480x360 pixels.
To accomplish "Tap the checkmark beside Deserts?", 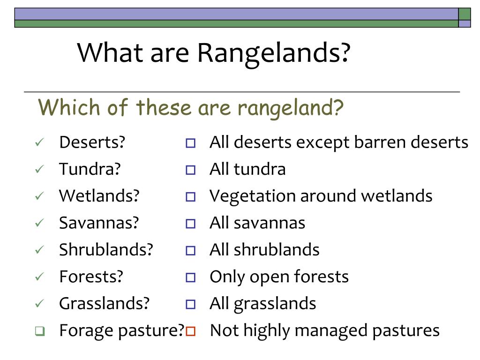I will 39,142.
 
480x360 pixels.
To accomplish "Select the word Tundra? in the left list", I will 90,169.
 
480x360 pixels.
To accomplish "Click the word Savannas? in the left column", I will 99,223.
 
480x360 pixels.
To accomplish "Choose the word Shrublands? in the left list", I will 106,249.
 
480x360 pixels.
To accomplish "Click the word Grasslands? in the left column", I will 104,303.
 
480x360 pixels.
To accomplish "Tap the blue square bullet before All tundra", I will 190,170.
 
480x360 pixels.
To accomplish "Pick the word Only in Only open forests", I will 227,277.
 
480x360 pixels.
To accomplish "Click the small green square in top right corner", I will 465,14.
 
